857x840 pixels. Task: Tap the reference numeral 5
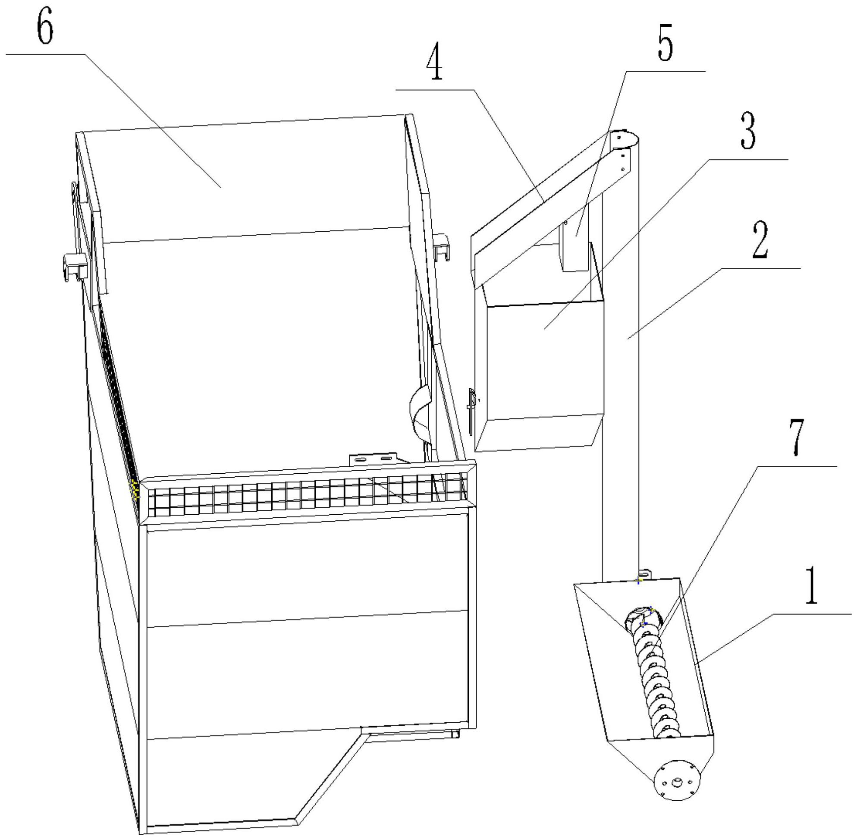(665, 46)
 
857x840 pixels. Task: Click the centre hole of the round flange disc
(676, 783)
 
